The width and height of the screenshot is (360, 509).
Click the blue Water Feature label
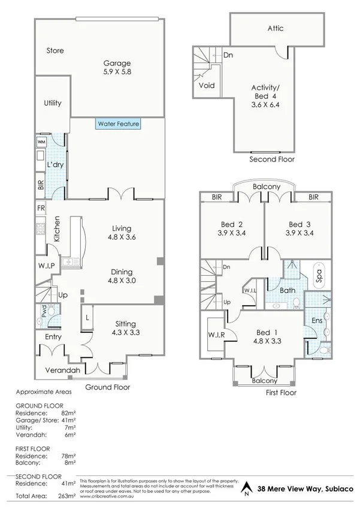pos(117,124)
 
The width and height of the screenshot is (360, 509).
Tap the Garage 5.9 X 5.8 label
pos(117,67)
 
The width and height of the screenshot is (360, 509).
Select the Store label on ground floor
pos(55,51)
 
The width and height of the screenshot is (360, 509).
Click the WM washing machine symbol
pos(42,142)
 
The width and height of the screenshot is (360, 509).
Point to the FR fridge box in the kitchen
pos(41,209)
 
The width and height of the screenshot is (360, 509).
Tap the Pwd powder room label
pos(44,311)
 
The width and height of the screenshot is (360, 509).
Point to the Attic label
pos(276,28)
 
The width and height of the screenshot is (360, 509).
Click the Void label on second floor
pos(206,86)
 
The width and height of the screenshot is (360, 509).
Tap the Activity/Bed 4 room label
pos(266,95)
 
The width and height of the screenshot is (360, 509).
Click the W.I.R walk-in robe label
pos(216,335)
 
